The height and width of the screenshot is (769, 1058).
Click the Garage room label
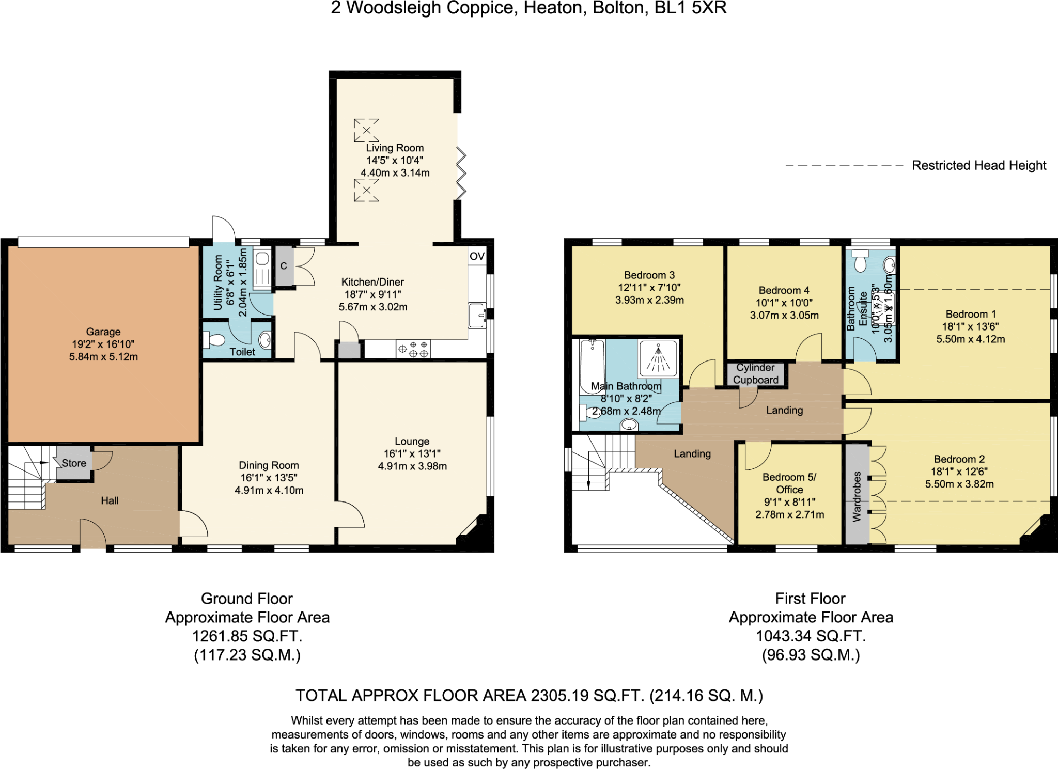point(103,332)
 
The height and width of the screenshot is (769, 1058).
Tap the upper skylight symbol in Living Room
point(366,130)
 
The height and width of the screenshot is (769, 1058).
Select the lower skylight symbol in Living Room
point(366,190)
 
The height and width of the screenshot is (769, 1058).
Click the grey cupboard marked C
point(284,266)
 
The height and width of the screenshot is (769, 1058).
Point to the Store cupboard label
point(74,463)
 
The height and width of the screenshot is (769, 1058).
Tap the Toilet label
point(242,352)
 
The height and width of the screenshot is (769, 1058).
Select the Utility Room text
point(217,283)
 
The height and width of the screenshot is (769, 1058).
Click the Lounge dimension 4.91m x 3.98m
point(412,466)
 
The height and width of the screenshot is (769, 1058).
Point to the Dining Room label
point(269,465)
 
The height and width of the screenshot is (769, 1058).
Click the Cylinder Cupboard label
point(755,374)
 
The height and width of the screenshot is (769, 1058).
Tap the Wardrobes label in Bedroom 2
point(857,496)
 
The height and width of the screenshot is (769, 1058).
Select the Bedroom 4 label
point(784,290)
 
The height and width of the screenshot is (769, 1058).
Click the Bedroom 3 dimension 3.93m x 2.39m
point(649,300)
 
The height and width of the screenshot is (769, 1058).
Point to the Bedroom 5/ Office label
point(789,483)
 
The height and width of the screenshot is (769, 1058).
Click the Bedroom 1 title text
point(970,314)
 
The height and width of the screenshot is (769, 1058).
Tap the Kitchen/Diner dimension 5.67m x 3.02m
point(373,307)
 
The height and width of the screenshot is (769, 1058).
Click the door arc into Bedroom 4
point(809,348)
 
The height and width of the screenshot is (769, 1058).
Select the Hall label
point(110,500)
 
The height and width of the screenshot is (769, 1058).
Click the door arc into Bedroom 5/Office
point(757,456)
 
